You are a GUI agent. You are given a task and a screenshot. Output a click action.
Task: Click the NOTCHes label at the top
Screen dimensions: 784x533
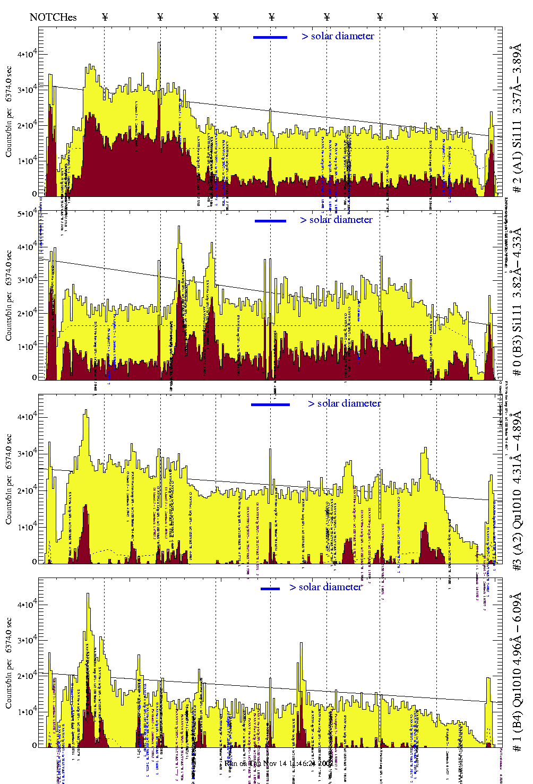(x=53, y=18)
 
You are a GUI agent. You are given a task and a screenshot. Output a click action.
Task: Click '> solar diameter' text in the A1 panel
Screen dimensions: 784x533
(x=338, y=36)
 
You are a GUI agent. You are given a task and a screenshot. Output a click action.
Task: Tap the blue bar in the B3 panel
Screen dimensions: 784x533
(x=270, y=221)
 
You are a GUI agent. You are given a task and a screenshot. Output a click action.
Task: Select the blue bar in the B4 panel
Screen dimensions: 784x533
(x=270, y=589)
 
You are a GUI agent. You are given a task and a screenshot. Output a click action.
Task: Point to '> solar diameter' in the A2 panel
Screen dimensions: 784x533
(x=344, y=403)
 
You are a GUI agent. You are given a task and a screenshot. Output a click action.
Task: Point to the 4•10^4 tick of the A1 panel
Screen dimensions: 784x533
(x=27, y=54)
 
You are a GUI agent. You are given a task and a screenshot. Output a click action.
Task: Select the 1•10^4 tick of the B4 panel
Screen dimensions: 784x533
(x=27, y=711)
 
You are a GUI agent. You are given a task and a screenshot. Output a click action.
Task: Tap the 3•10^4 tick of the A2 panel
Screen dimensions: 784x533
(x=27, y=453)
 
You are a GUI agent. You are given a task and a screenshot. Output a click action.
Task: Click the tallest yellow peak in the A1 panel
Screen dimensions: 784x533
(x=159, y=44)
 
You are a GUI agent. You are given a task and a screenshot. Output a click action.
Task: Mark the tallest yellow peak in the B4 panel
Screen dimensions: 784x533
(x=88, y=595)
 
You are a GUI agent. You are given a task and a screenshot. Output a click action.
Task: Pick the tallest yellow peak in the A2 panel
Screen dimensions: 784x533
(x=86, y=411)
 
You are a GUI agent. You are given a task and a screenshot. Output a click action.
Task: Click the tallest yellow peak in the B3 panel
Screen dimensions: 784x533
(x=179, y=228)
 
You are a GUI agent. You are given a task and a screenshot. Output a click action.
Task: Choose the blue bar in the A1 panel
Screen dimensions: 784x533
(x=270, y=37)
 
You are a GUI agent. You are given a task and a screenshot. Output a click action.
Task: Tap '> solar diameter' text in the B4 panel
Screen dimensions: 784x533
(x=325, y=587)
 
